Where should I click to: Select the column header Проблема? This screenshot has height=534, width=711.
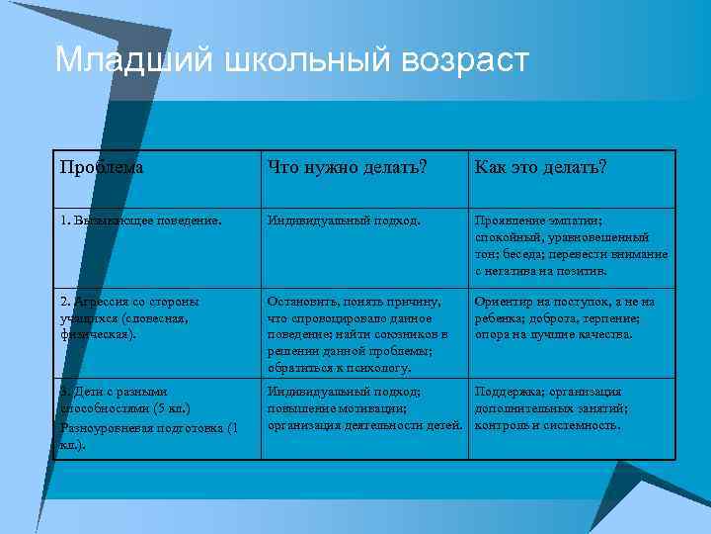click(x=102, y=167)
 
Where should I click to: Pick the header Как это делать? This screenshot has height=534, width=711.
click(x=540, y=167)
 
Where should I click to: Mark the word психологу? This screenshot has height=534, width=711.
click(x=374, y=368)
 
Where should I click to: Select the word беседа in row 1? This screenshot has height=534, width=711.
click(x=520, y=253)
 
